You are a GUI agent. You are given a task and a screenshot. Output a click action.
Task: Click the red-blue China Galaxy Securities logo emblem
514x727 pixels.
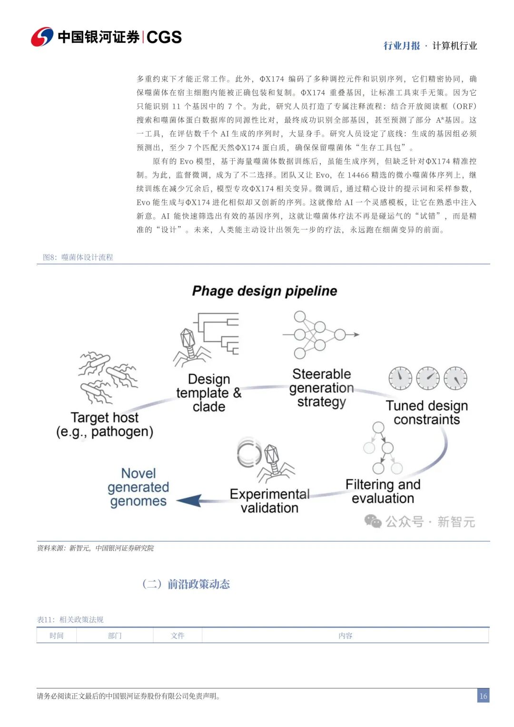pyautogui.click(x=42, y=37)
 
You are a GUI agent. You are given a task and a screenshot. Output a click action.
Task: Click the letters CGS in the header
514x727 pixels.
pyautogui.click(x=164, y=37)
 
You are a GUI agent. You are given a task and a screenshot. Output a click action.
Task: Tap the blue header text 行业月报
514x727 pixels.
pyautogui.click(x=402, y=46)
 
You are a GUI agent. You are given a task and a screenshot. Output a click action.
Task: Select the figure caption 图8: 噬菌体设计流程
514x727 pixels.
pyautogui.click(x=78, y=257)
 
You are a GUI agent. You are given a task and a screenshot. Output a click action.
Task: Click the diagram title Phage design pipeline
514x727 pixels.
pyautogui.click(x=265, y=291)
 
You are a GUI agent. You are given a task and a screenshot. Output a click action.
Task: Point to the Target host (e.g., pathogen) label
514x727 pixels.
pyautogui.click(x=105, y=425)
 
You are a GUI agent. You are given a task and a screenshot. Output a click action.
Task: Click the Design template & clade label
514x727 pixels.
pyautogui.click(x=208, y=393)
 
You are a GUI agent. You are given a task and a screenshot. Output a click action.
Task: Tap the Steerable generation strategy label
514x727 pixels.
pyautogui.click(x=322, y=388)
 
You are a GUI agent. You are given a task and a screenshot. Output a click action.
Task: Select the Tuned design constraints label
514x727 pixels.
pyautogui.click(x=427, y=412)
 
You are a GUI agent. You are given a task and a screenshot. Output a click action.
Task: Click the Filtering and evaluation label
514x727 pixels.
pyautogui.click(x=383, y=491)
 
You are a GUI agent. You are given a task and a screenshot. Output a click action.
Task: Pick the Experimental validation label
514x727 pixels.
pyautogui.click(x=269, y=501)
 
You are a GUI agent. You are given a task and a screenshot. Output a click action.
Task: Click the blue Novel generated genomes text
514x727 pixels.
pyautogui.click(x=138, y=487)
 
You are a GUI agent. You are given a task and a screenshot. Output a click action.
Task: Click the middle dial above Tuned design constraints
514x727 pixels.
pyautogui.click(x=428, y=378)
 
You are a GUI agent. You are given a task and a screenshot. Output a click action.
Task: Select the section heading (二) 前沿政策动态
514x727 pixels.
pyautogui.click(x=186, y=584)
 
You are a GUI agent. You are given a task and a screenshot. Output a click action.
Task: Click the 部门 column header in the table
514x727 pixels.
pyautogui.click(x=115, y=636)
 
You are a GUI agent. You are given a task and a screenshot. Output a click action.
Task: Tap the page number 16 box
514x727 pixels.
pyautogui.click(x=483, y=696)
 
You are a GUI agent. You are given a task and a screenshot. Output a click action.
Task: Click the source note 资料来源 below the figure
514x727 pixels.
pyautogui.click(x=95, y=548)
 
